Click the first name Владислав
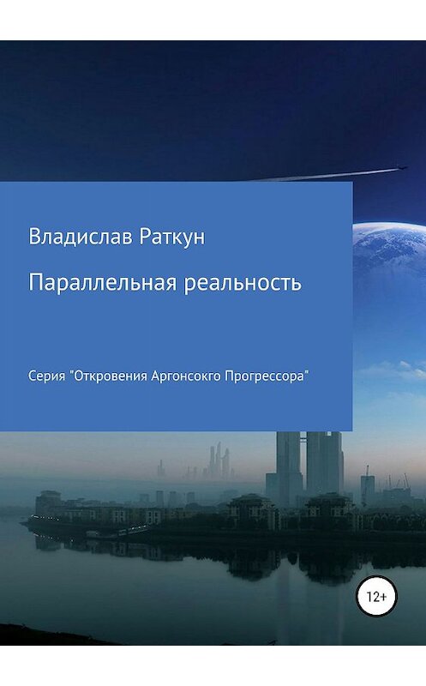81,236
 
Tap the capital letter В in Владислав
35,236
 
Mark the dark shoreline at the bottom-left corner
34,635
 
